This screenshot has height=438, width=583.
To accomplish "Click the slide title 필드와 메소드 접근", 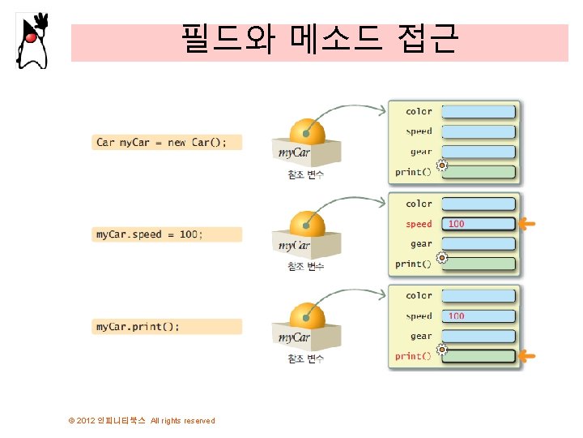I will [x=319, y=37].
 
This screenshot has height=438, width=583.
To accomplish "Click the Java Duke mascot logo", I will [x=32, y=41].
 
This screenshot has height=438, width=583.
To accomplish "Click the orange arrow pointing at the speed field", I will [x=527, y=224].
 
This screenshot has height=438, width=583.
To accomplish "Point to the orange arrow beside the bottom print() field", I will [x=527, y=356].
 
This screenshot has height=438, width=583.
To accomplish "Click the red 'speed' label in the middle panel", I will [x=419, y=224].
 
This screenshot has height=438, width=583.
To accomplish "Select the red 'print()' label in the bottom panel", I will [x=414, y=356].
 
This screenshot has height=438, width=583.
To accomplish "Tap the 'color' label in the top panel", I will [x=419, y=111].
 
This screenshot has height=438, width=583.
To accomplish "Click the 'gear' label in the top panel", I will [x=421, y=151].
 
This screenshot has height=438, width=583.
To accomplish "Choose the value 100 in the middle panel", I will [x=457, y=224].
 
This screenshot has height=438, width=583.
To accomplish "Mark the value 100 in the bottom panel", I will [x=457, y=316].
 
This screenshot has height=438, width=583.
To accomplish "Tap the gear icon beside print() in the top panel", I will [x=442, y=165].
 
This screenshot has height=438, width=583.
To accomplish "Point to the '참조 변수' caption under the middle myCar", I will [x=305, y=267].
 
